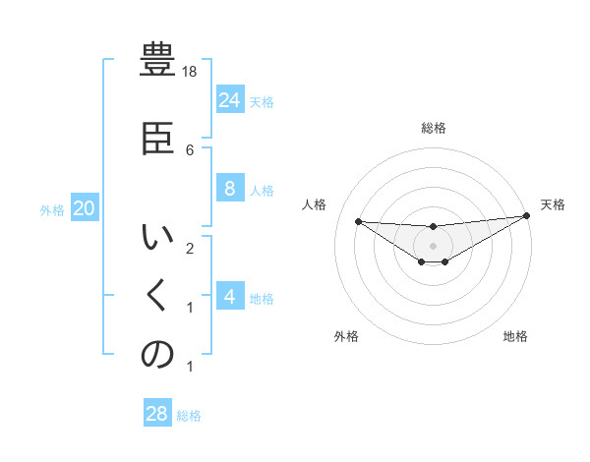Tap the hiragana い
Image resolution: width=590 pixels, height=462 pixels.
click(x=157, y=238)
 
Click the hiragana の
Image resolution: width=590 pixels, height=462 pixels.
click(x=157, y=355)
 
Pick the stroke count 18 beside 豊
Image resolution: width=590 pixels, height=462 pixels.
click(x=191, y=72)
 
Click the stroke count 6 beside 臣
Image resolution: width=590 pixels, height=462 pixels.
click(x=190, y=149)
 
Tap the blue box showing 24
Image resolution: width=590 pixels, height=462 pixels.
click(x=229, y=100)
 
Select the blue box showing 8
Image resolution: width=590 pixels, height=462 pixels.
click(x=229, y=189)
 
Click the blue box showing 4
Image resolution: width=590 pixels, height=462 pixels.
click(x=229, y=297)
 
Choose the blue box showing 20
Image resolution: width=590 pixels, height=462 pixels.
click(x=85, y=208)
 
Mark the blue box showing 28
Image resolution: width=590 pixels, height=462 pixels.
click(x=157, y=414)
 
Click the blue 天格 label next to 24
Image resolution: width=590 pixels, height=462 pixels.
click(x=262, y=101)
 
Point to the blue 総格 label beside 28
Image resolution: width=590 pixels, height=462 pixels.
click(x=189, y=415)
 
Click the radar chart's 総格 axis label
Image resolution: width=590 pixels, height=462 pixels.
click(x=434, y=128)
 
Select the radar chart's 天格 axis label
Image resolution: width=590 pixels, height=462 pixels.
click(x=553, y=204)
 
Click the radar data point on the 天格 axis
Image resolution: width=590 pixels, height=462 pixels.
click(x=526, y=216)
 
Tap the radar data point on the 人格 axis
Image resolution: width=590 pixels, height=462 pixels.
click(x=358, y=221)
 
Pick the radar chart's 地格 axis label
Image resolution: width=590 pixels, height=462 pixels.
click(x=515, y=336)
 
